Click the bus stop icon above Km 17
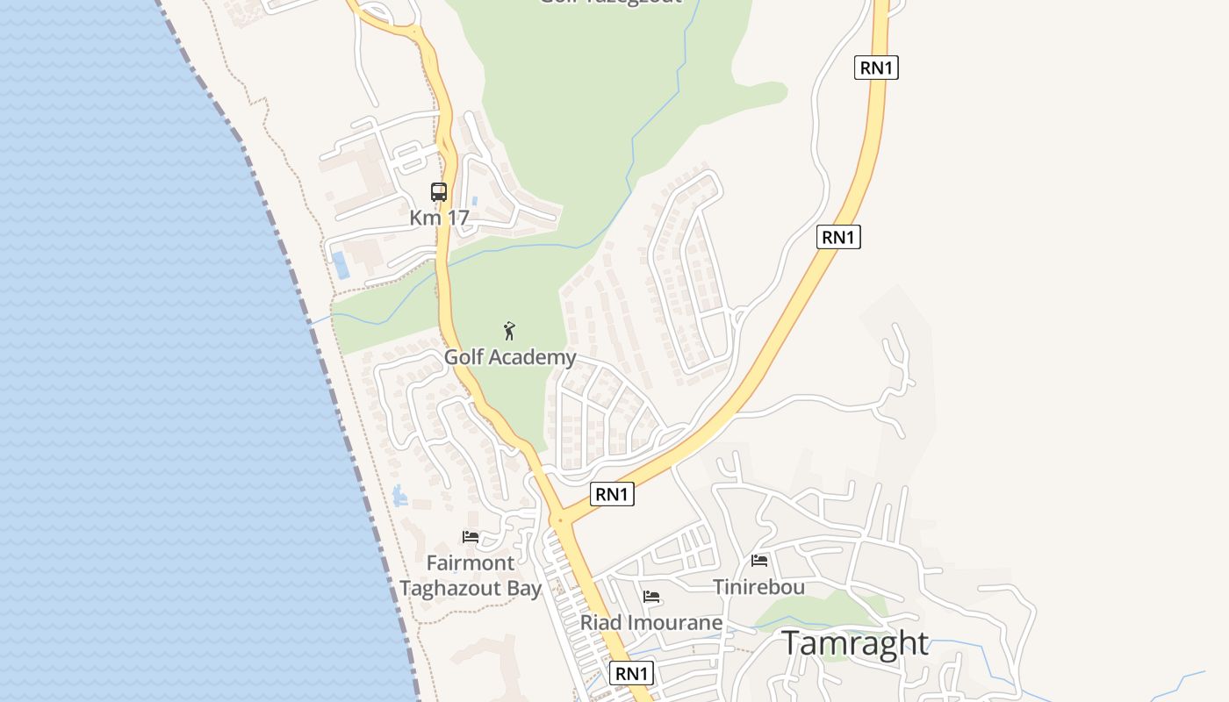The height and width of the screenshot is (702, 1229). pos(439,191)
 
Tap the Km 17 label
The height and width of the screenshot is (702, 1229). pos(439,218)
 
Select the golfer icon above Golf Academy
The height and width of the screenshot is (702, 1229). pos(509,331)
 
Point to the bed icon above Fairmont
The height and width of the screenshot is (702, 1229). pos(471,536)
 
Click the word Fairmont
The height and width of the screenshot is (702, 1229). pos(471,562)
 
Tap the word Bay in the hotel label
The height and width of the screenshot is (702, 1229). pos(524,588)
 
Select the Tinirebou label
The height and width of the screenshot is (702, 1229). pos(758,586)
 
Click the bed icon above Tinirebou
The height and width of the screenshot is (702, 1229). pos(759,560)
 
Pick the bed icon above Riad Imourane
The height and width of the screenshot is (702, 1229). pos(651,597)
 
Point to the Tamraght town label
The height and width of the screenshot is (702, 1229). pos(854,643)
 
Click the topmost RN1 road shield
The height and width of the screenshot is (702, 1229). pos(876,68)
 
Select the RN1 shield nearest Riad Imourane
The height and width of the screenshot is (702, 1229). pos(631,673)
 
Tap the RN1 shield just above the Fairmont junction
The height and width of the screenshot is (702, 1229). pos(612,494)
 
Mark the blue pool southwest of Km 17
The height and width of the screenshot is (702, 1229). pos(341,265)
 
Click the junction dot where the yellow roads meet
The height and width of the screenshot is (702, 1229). pos(560,520)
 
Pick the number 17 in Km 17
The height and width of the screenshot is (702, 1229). pos(457,218)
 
